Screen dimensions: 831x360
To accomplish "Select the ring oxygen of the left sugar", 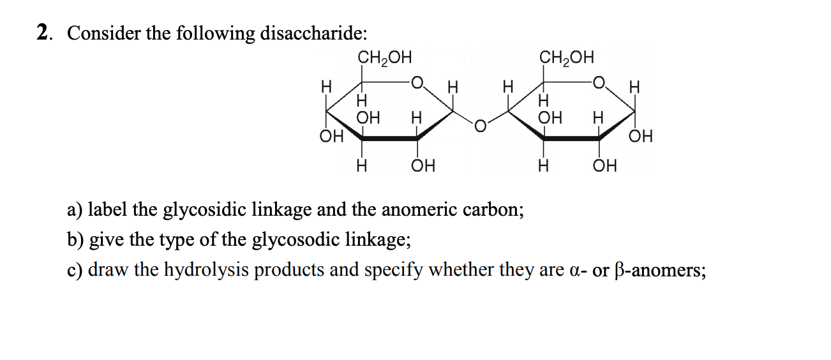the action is click(417, 82).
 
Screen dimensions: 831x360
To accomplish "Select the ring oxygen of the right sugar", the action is click(598, 82).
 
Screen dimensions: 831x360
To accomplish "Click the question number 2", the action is click(43, 33).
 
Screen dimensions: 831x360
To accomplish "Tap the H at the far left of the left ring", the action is click(327, 85).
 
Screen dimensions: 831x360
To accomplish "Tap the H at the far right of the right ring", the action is click(634, 85).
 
